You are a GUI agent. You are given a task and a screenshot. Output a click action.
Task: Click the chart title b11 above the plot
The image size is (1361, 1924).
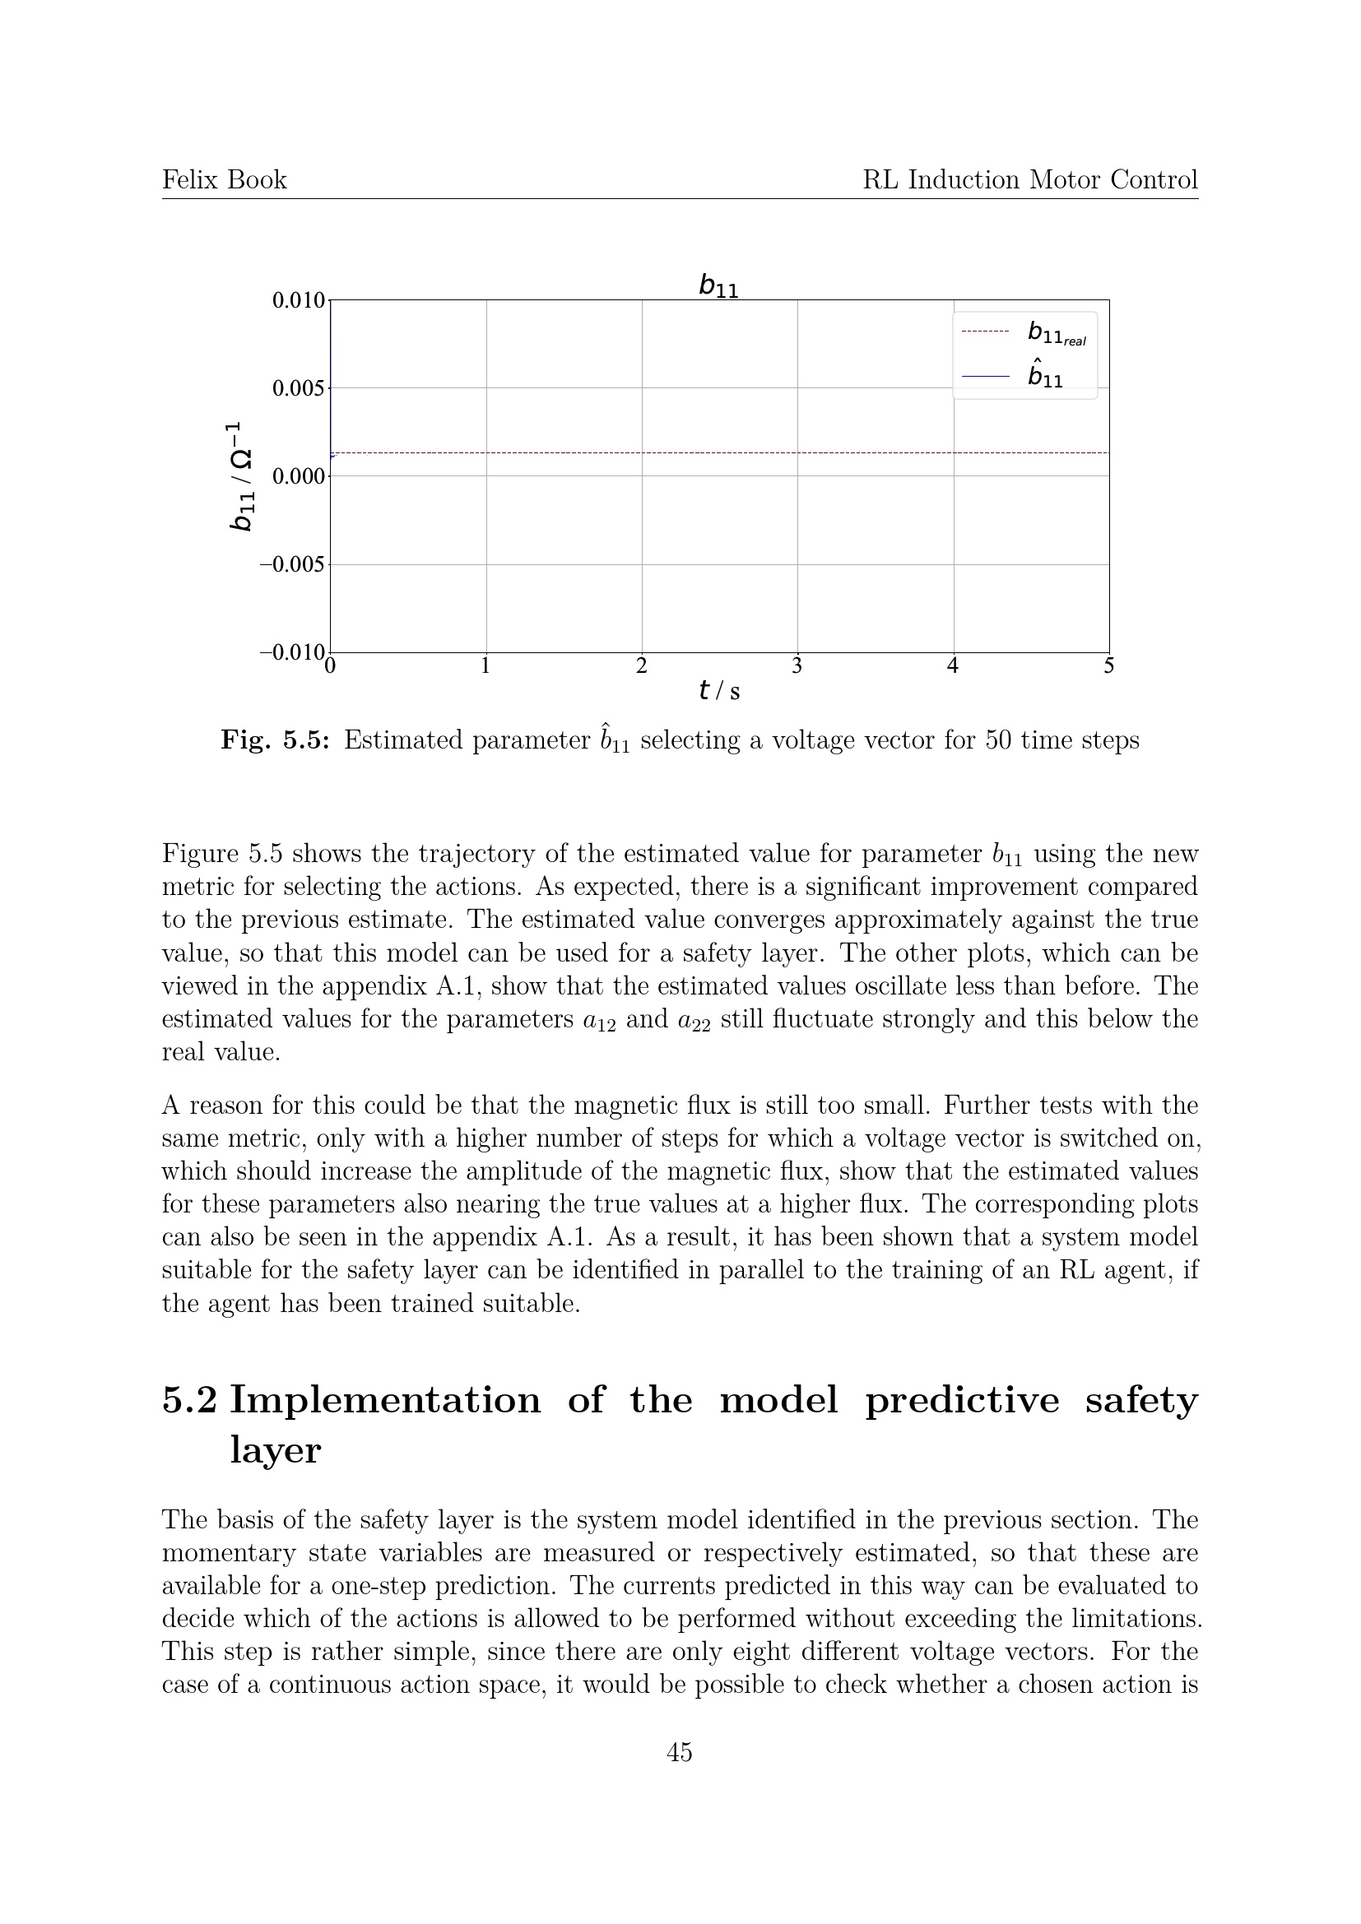point(718,286)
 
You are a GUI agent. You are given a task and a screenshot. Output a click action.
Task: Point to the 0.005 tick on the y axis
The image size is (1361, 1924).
point(299,389)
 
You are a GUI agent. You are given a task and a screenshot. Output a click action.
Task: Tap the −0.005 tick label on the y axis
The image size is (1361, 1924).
point(292,565)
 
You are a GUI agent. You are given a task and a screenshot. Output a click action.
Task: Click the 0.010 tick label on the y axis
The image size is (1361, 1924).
point(299,300)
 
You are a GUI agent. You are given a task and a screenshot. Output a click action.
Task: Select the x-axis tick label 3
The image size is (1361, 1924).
point(797,666)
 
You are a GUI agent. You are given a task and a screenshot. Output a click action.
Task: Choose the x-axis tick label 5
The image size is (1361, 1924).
point(1108,666)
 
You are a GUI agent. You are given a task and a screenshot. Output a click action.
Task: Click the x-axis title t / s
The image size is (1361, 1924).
point(719,691)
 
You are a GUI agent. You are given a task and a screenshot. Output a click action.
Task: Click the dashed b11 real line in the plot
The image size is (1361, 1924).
point(721,452)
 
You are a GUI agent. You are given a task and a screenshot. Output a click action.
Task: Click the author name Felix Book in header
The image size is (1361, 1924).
point(225,180)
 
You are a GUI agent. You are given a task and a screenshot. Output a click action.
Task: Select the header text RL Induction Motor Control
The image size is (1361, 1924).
point(1030,180)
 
